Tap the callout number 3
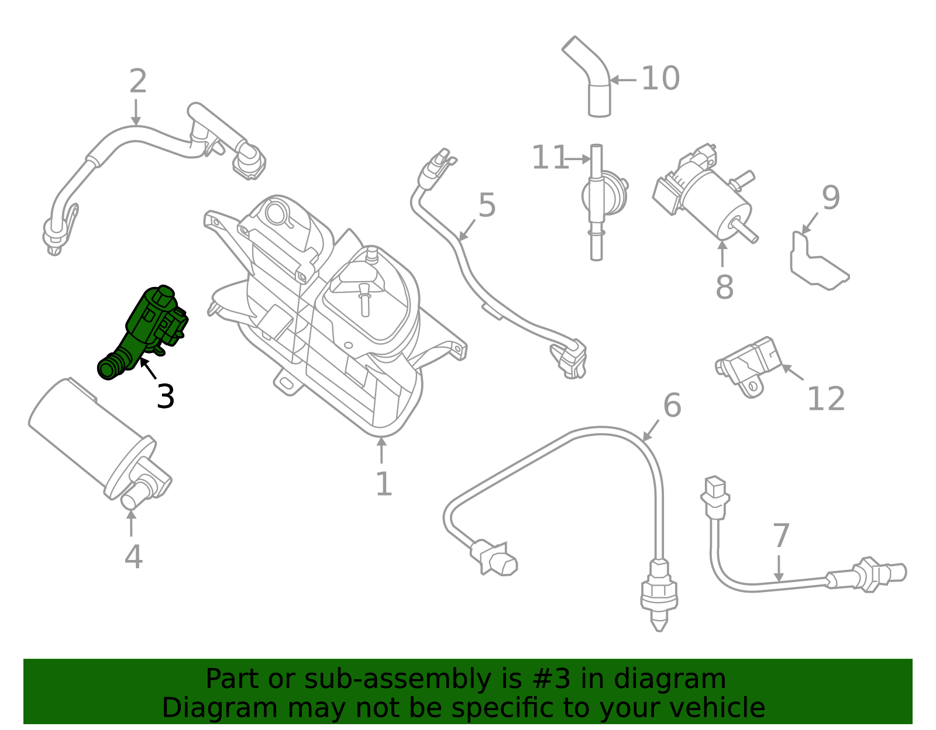(x=166, y=397)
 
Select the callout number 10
(x=660, y=79)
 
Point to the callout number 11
(x=549, y=158)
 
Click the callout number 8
(x=724, y=288)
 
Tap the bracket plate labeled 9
(x=816, y=263)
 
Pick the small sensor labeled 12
(x=749, y=365)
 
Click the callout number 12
(x=825, y=400)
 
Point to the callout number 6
(x=672, y=405)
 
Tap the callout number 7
(x=781, y=536)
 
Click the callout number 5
(x=487, y=205)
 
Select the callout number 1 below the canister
(x=383, y=485)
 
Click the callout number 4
(x=133, y=557)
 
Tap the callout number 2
(x=137, y=81)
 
